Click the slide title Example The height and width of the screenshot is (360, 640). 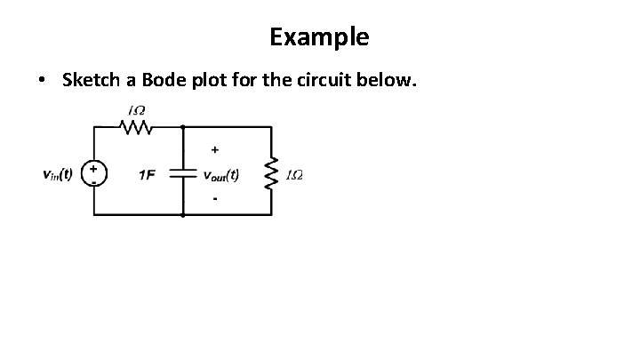click(320, 37)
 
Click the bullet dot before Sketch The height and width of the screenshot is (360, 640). click(42, 82)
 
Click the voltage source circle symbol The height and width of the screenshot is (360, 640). click(94, 172)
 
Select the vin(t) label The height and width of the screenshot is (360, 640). click(58, 173)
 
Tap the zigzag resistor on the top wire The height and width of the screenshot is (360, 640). click(138, 127)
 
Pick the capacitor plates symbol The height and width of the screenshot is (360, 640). click(182, 174)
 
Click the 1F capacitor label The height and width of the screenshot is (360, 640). click(147, 174)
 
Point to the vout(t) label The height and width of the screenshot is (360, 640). click(220, 174)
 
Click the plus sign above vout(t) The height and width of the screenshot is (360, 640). click(215, 149)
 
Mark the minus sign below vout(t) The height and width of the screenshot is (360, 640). click(214, 199)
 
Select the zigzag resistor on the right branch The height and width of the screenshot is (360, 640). click(271, 173)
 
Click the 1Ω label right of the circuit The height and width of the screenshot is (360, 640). click(293, 174)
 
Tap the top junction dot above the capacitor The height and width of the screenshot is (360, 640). click(182, 127)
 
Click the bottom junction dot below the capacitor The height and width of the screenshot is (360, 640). click(182, 216)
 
